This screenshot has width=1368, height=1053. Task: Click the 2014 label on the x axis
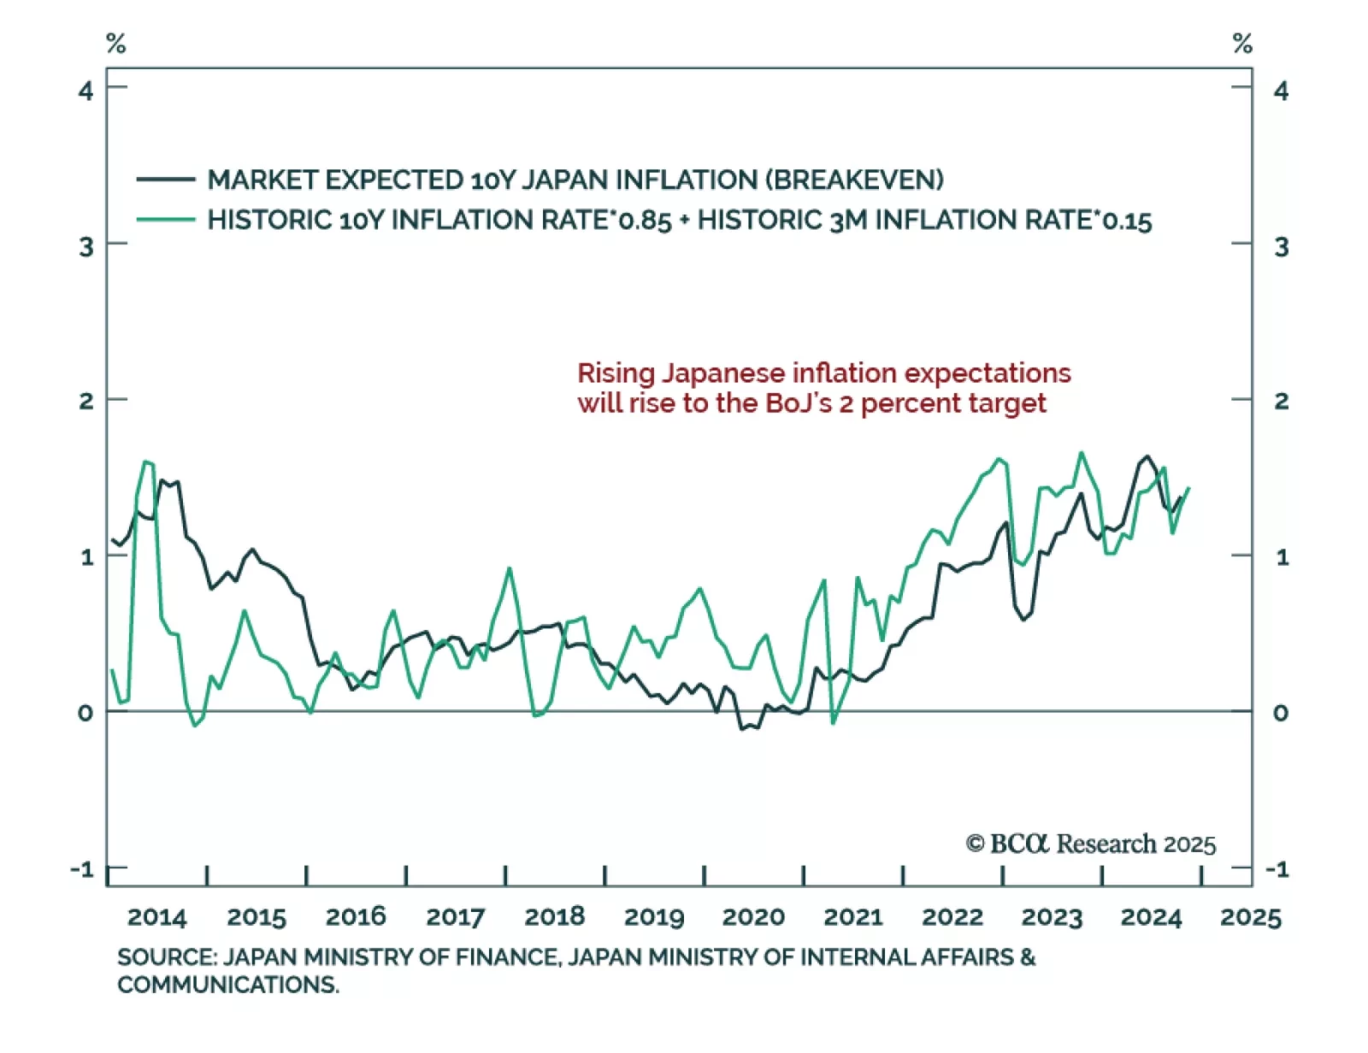click(x=156, y=917)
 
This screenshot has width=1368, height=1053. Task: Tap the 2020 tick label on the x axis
click(x=753, y=917)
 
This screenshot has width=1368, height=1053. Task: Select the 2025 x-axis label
click(x=1250, y=917)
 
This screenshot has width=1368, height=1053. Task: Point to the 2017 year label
click(x=455, y=917)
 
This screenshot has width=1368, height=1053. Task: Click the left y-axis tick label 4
click(x=85, y=90)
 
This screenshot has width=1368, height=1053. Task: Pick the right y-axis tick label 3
click(x=1281, y=246)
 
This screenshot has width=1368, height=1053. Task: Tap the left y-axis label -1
click(x=82, y=869)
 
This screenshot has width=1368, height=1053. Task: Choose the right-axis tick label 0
click(x=1280, y=712)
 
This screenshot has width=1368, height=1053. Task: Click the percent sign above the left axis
click(x=115, y=43)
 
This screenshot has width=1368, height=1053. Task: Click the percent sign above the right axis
click(x=1242, y=43)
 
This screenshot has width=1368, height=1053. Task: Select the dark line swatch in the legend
click(x=166, y=179)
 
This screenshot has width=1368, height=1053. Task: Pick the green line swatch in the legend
click(x=166, y=220)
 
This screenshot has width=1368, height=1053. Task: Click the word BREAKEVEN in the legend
click(x=854, y=179)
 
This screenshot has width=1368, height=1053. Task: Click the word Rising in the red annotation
click(x=616, y=374)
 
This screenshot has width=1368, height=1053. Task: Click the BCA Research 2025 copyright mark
click(x=1090, y=844)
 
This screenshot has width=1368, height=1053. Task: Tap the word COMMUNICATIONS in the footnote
click(x=227, y=985)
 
